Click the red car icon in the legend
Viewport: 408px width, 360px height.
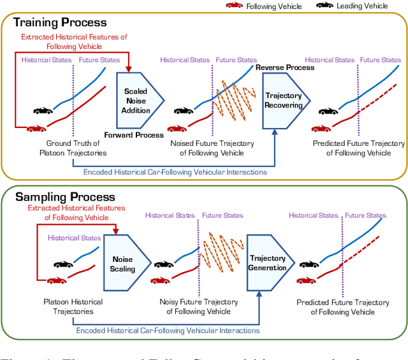click(235, 5)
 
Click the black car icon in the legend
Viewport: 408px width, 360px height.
click(324, 5)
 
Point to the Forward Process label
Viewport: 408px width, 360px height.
click(134, 135)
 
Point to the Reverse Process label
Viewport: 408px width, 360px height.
click(285, 68)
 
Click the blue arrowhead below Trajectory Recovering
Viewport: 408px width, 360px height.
click(275, 132)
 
